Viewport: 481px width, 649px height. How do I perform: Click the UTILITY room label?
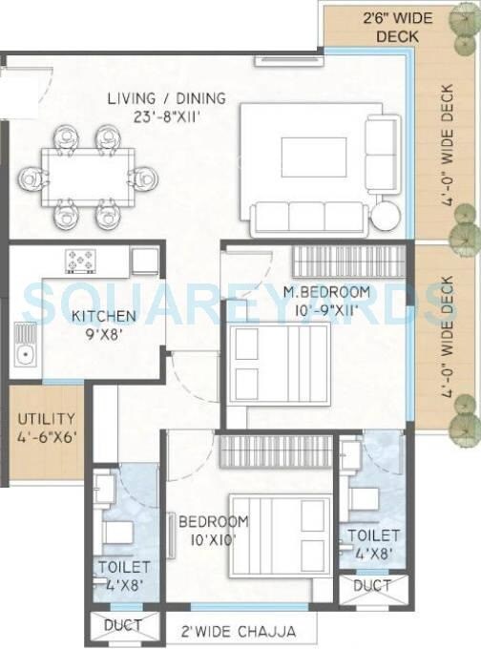pyautogui.click(x=45, y=419)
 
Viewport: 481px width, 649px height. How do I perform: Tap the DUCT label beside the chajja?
pyautogui.click(x=122, y=626)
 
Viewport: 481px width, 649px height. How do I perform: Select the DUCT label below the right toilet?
pyautogui.click(x=371, y=584)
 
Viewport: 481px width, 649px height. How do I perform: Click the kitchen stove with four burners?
pyautogui.click(x=81, y=260)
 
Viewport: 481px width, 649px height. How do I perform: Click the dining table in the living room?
pyautogui.click(x=88, y=177)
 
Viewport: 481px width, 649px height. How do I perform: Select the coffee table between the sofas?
pyautogui.click(x=313, y=157)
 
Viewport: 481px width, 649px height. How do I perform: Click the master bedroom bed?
pyautogui.click(x=277, y=365)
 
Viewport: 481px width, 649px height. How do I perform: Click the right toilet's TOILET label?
pyautogui.click(x=373, y=535)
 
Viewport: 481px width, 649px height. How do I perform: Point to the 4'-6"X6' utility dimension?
pyautogui.click(x=45, y=437)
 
